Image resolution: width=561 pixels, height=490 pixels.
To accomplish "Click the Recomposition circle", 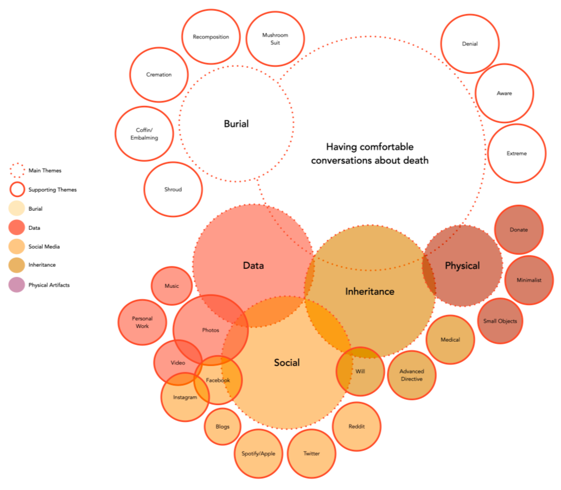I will pyautogui.click(x=211, y=37).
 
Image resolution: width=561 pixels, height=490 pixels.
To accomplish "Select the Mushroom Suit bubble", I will pyautogui.click(x=275, y=39).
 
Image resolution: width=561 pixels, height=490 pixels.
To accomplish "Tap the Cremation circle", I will pyautogui.click(x=159, y=74).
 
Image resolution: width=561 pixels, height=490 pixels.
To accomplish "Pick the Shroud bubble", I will pyautogui.click(x=173, y=190).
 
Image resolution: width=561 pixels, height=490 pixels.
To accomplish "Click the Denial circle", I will pyautogui.click(x=470, y=44).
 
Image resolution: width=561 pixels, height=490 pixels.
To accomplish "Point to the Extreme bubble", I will pyautogui.click(x=517, y=153).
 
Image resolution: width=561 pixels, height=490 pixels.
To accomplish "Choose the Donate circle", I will pyautogui.click(x=519, y=230).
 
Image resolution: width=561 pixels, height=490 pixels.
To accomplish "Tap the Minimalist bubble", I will pyautogui.click(x=529, y=280).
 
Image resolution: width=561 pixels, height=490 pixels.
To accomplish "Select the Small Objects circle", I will pyautogui.click(x=500, y=321).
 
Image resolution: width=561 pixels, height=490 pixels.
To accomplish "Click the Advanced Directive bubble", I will pyautogui.click(x=412, y=375).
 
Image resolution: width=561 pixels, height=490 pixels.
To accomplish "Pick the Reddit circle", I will pyautogui.click(x=356, y=426).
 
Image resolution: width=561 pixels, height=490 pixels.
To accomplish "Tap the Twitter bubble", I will pyautogui.click(x=311, y=454).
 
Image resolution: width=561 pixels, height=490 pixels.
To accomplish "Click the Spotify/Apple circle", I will pyautogui.click(x=258, y=454).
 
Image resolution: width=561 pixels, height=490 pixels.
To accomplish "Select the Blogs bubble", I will pyautogui.click(x=222, y=426).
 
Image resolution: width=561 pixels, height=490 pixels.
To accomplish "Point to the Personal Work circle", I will pyautogui.click(x=142, y=322).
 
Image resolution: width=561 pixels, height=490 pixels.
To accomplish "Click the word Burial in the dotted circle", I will pyautogui.click(x=236, y=124).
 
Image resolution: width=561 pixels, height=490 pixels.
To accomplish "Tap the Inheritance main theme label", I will pyautogui.click(x=369, y=292).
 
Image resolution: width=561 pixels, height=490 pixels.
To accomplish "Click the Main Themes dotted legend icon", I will pyautogui.click(x=17, y=171).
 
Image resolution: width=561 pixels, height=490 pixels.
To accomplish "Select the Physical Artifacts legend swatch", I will pyautogui.click(x=17, y=285).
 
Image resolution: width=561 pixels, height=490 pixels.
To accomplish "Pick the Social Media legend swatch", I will pyautogui.click(x=17, y=247).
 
